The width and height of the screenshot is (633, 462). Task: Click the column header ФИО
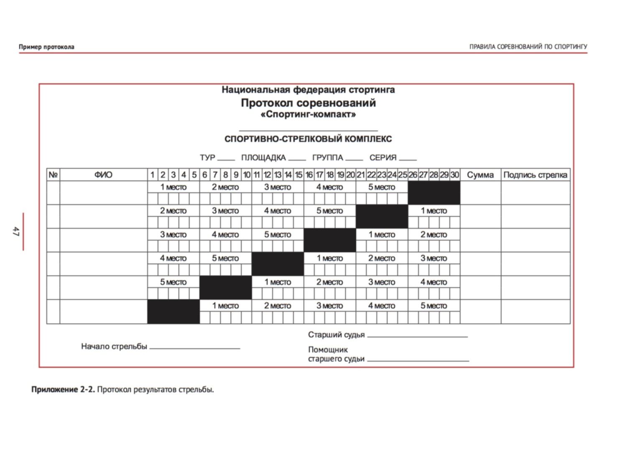103,175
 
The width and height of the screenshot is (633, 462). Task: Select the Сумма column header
480,175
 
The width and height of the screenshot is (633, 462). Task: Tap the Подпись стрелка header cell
535,175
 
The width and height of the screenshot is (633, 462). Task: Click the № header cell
53,175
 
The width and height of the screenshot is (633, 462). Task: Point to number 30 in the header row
455,175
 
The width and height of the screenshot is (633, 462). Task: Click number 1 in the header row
153,175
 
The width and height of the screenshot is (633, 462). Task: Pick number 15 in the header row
299,175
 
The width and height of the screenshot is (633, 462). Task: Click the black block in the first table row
434,192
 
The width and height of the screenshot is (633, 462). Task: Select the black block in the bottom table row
173,312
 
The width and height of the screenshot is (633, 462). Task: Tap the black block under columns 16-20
329,240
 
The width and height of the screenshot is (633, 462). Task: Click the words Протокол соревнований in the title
308,103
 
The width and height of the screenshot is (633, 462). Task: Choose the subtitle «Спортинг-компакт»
308,114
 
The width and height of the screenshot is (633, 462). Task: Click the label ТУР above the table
207,158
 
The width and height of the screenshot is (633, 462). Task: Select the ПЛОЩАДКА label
263,158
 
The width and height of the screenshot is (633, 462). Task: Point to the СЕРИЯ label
383,158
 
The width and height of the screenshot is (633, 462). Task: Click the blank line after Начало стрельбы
195,347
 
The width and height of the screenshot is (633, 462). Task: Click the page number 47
16,231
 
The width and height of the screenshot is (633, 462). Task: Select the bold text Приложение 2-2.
63,390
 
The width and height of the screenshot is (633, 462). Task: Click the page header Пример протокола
46,47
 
